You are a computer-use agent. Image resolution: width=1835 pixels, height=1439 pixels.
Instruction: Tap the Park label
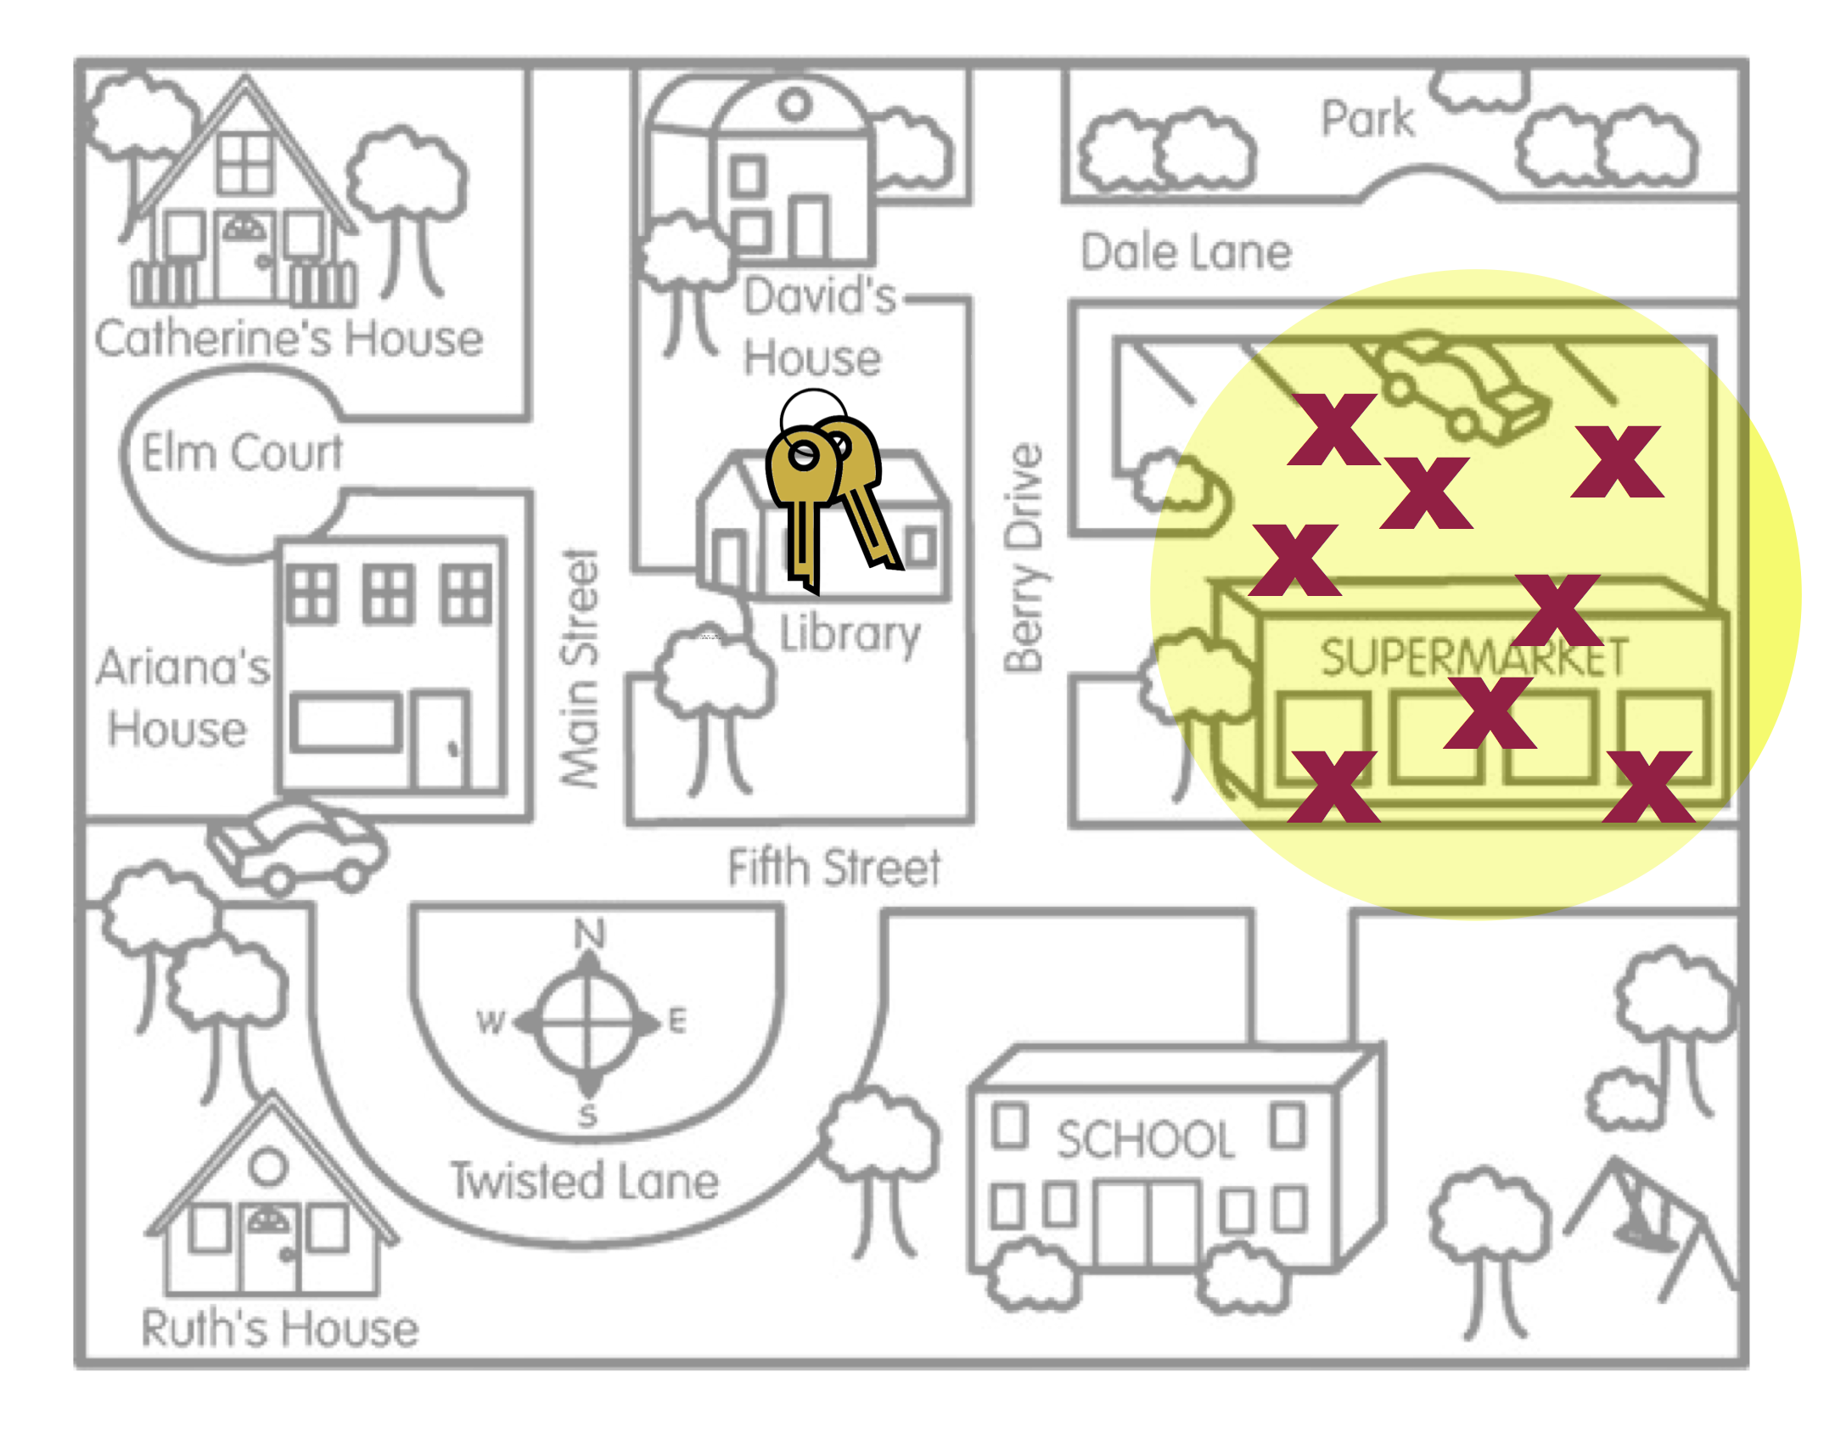tap(1367, 119)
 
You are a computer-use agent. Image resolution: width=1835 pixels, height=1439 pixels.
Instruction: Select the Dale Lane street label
tap(1185, 252)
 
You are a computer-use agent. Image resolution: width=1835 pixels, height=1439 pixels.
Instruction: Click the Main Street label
tap(581, 669)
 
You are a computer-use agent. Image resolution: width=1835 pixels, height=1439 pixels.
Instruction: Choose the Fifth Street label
tap(833, 868)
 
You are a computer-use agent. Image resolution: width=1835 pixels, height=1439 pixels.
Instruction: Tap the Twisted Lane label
tap(585, 1180)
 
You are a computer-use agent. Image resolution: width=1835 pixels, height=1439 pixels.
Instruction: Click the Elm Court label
tap(242, 452)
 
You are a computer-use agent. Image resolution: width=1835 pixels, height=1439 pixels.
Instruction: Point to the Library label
tap(850, 634)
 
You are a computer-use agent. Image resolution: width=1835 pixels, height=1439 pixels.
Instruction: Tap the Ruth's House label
tap(279, 1328)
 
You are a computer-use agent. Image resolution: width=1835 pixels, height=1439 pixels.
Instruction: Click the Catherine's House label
tap(289, 338)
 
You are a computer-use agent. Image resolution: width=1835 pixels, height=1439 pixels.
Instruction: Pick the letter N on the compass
tap(589, 934)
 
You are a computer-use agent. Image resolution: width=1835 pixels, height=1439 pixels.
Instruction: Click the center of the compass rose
tap(587, 1023)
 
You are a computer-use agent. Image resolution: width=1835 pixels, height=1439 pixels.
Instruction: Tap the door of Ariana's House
tap(441, 740)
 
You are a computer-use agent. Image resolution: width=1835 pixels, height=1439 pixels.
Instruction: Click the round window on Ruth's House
tap(268, 1166)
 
